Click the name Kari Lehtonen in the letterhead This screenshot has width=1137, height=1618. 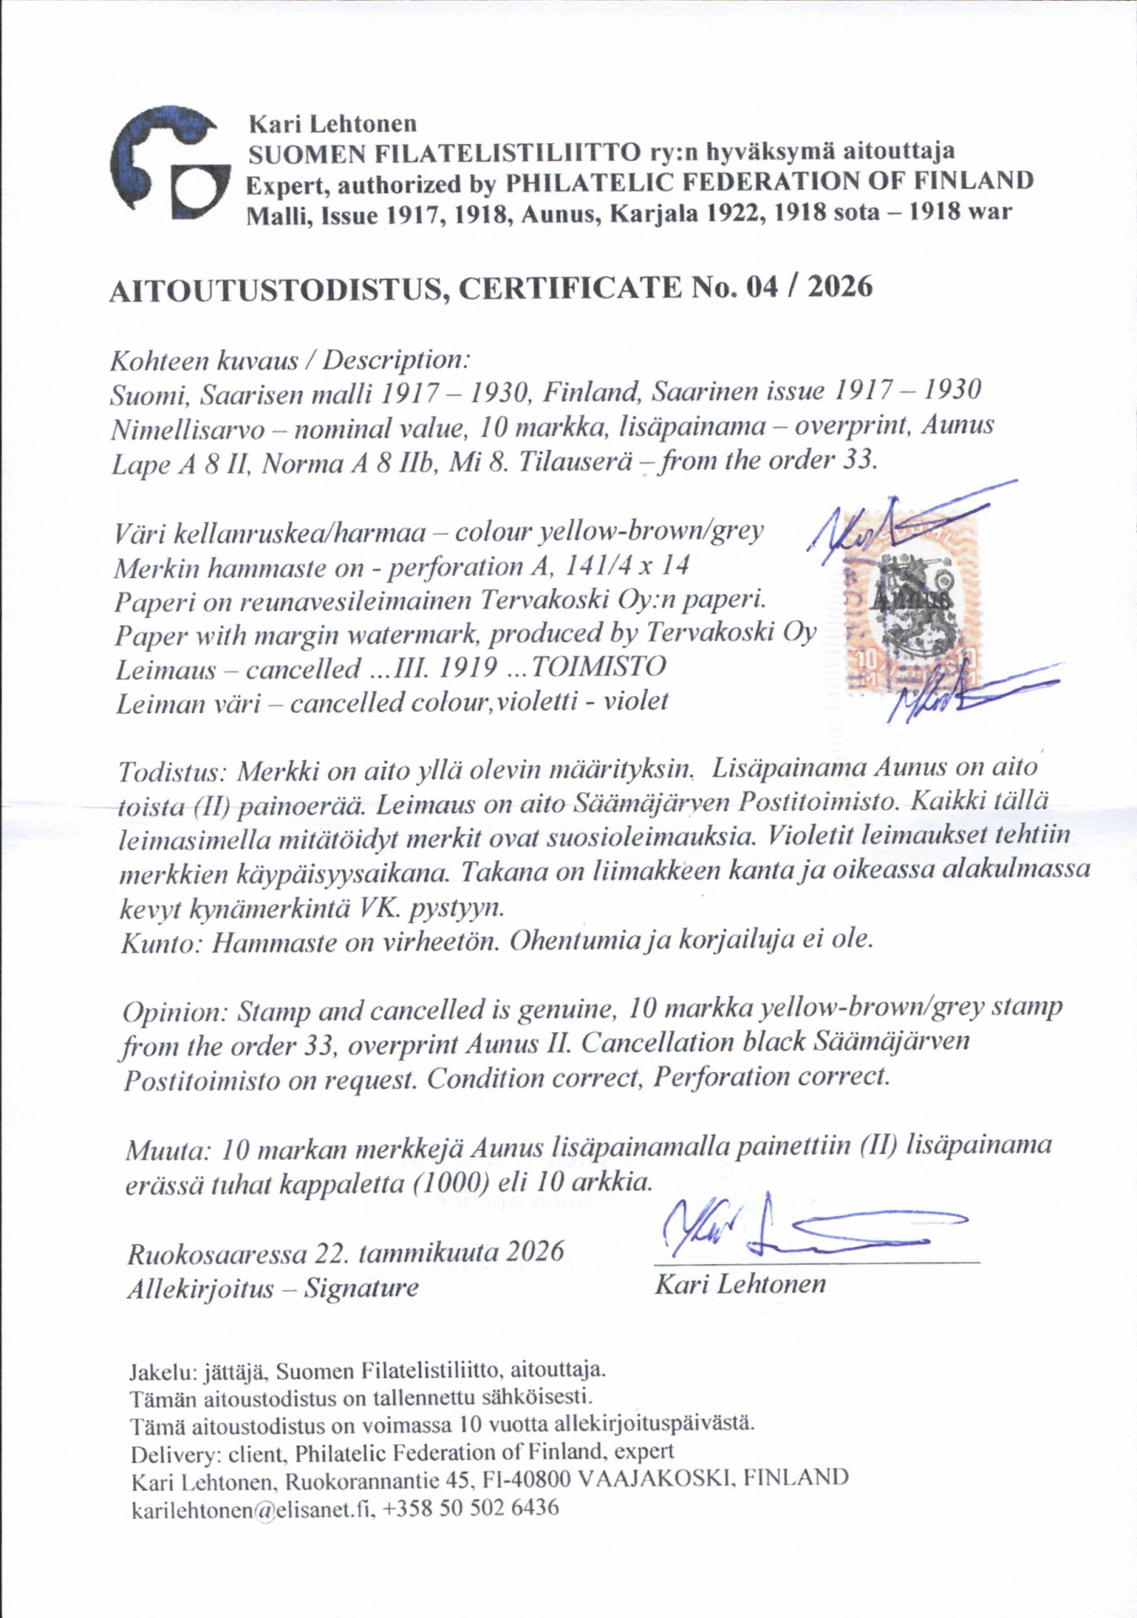[x=332, y=124]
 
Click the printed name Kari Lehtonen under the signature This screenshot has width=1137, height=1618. [x=740, y=1284]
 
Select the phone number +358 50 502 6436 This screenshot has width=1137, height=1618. [x=470, y=1507]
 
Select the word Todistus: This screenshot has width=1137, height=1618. [x=173, y=770]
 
